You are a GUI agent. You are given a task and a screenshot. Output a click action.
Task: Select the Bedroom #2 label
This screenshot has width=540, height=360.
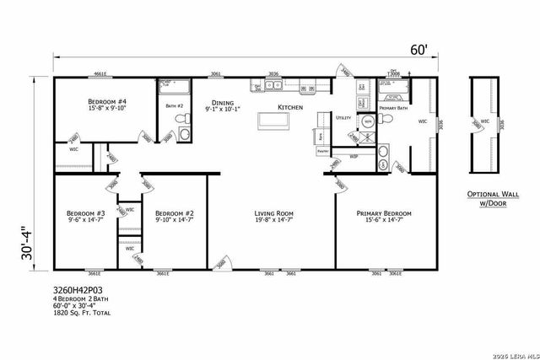click(x=175, y=214)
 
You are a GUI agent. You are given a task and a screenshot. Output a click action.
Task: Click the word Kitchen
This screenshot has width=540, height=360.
click(x=291, y=107)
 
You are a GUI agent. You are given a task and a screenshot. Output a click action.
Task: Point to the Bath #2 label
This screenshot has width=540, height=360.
click(x=175, y=105)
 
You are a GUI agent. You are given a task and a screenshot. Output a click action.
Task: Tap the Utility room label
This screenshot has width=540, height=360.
click(x=343, y=118)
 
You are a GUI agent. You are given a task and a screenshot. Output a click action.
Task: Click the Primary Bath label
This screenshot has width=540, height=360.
click(x=394, y=108)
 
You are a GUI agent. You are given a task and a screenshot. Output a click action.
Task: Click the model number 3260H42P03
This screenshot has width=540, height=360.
click(x=78, y=288)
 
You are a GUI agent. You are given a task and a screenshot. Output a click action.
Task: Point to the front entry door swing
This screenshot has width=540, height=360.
click(x=221, y=264)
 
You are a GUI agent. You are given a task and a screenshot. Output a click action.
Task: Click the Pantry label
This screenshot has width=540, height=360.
click(x=322, y=150)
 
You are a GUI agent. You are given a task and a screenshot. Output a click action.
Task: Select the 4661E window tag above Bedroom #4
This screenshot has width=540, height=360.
click(x=100, y=75)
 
